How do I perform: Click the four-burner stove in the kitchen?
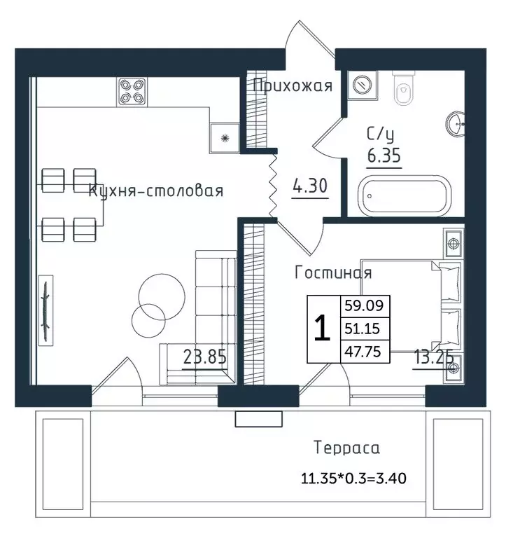pos(132,92)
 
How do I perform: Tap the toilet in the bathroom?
pos(403,88)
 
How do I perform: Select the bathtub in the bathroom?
pos(405,196)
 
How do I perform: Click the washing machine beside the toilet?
pos(363,84)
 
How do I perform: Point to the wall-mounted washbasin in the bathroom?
pos(455,124)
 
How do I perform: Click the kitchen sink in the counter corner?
pos(225,138)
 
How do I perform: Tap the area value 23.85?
pos(204,357)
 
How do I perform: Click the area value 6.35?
pos(384,156)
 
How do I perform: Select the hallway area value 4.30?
pos(310,186)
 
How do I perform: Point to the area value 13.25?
pos(434,357)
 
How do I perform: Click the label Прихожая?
pos(293,85)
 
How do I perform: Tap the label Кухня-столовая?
pos(156,191)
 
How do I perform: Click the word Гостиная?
pos(333,273)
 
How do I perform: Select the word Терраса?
pos(346,448)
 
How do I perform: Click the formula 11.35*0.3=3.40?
pos(353,478)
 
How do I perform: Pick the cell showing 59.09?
pos(364,305)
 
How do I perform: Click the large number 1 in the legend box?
pos(322,329)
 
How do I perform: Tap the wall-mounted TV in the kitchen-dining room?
pos(45,310)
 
